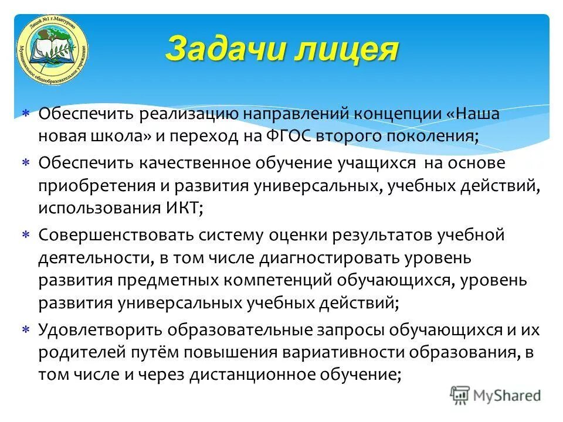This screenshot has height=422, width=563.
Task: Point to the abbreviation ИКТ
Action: tap(181, 208)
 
